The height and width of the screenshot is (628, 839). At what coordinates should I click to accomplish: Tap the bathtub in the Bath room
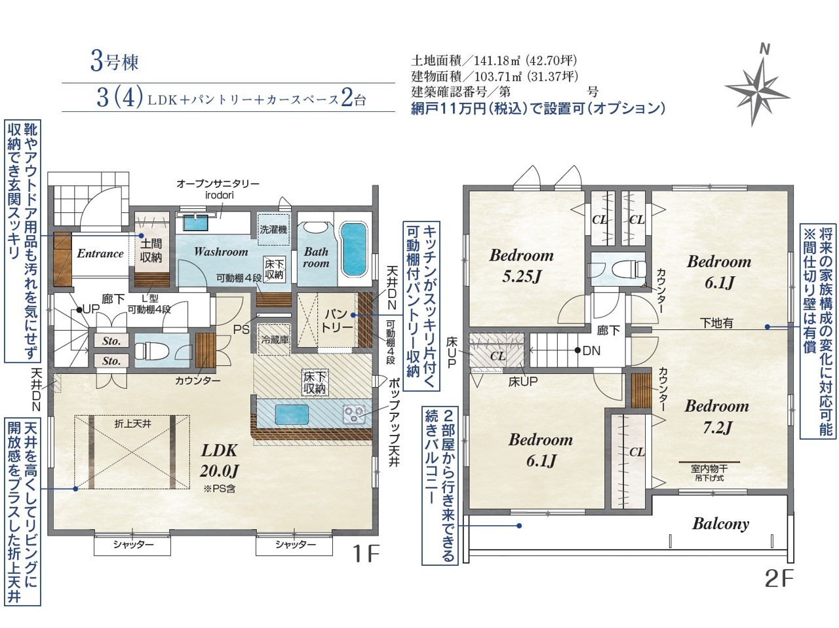tap(353, 249)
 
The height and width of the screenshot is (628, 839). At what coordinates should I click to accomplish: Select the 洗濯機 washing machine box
tap(273, 229)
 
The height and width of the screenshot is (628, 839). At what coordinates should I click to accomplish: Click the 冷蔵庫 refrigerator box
tap(274, 339)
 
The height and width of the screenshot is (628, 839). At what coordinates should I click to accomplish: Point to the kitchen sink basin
tap(292, 415)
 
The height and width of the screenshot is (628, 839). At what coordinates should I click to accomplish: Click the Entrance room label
tap(100, 253)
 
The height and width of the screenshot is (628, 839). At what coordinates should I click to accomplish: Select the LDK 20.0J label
tap(220, 460)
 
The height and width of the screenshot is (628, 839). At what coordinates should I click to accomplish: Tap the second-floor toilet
tap(629, 269)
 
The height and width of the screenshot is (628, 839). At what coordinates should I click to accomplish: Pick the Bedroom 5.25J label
tap(521, 266)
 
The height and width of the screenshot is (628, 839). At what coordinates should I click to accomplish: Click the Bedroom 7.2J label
tap(716, 416)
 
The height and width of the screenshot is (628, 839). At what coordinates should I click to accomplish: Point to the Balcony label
tap(720, 524)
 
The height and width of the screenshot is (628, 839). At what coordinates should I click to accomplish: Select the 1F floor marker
tap(366, 554)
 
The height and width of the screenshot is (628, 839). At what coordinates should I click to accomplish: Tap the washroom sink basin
tap(196, 223)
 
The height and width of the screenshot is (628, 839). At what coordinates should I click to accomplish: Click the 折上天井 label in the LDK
tap(132, 424)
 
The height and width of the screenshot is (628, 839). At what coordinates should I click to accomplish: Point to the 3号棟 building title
tap(114, 62)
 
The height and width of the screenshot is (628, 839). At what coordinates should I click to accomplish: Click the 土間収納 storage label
tap(151, 250)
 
